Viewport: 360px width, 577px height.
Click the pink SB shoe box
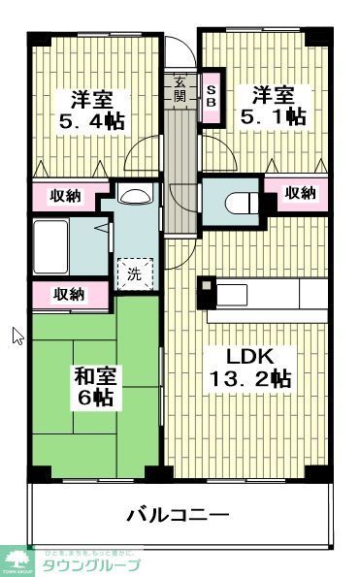click(212, 97)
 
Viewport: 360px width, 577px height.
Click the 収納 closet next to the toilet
click(300, 192)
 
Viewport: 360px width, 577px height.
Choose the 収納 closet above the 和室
click(67, 294)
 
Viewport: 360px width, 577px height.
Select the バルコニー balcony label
click(179, 513)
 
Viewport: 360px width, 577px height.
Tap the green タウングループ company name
click(93, 564)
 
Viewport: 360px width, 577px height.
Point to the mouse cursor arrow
click(16, 336)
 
